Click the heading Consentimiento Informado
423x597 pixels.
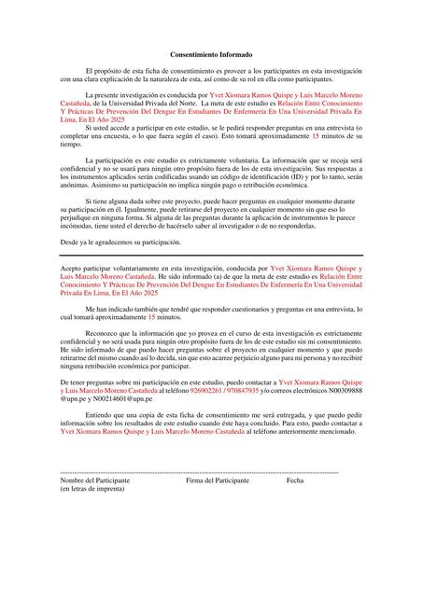(x=211, y=56)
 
